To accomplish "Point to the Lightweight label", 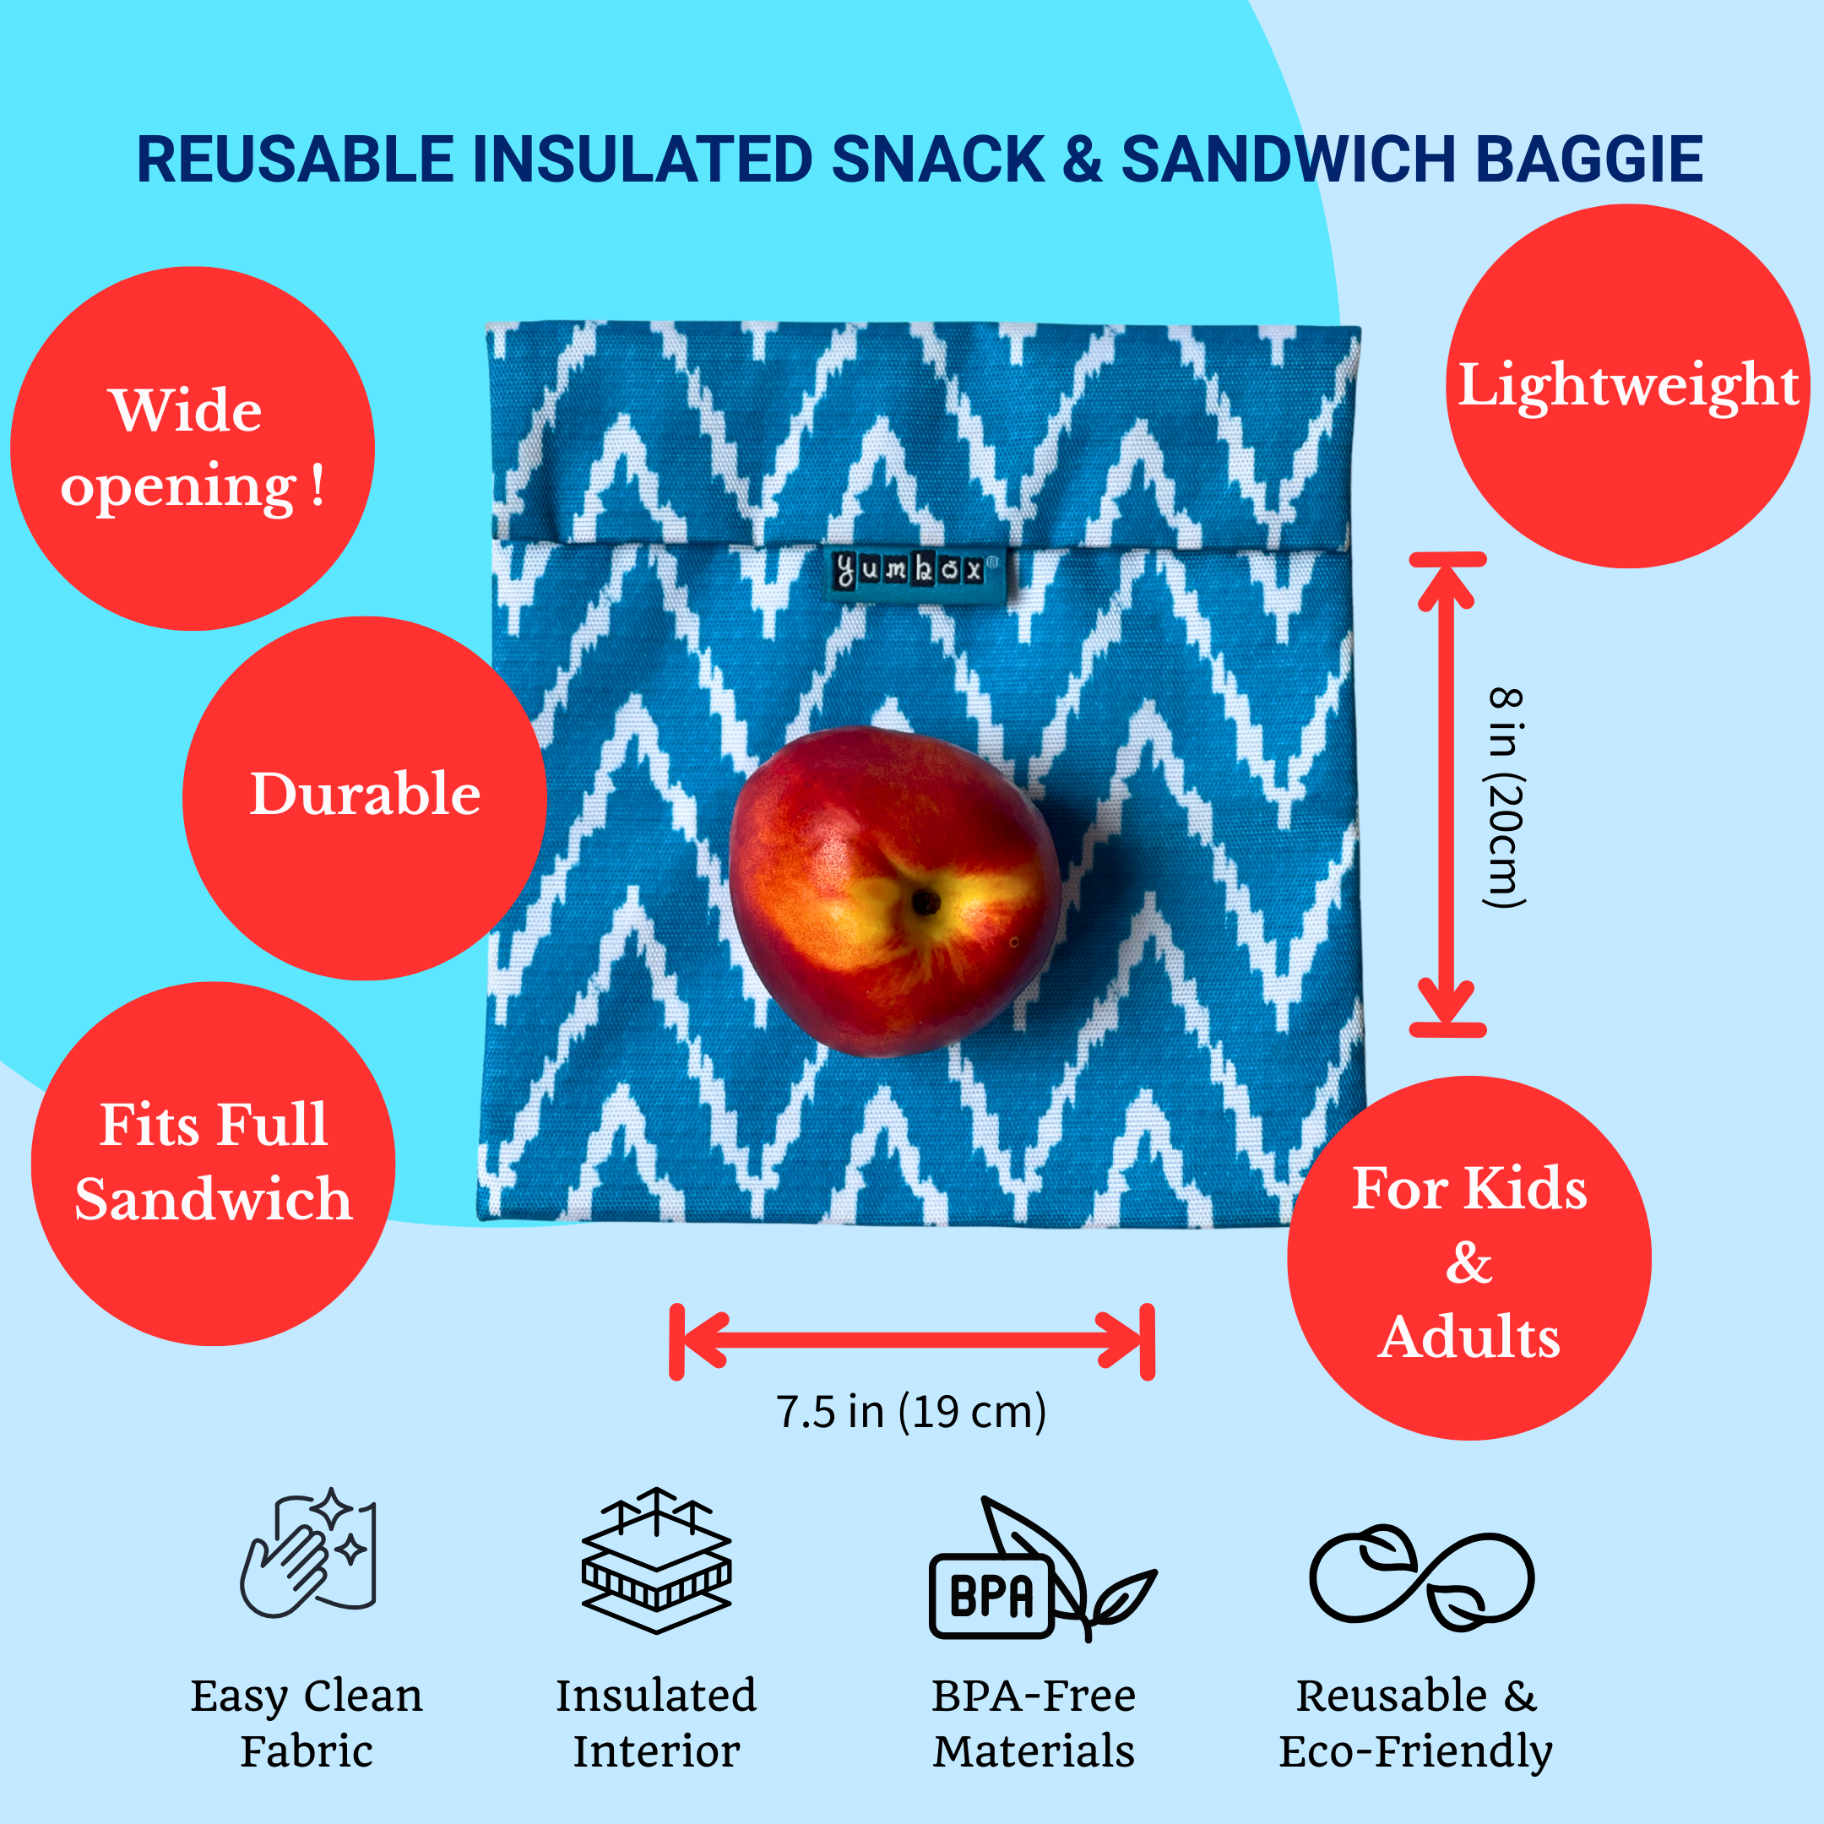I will coord(1627,385).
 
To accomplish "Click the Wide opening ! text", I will coord(192,448).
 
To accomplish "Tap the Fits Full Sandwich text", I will coord(214,1161).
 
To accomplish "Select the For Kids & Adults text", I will coord(1469,1262).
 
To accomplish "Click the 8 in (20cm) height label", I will coord(1505,798).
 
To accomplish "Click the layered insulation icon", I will coord(656,1560).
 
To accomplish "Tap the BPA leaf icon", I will coord(1039,1569).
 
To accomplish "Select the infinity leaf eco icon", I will coord(1421,1577).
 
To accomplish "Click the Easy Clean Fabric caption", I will coord(307,1723).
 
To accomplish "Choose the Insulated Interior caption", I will coord(656,1723).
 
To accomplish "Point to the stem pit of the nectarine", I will coord(926,904).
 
